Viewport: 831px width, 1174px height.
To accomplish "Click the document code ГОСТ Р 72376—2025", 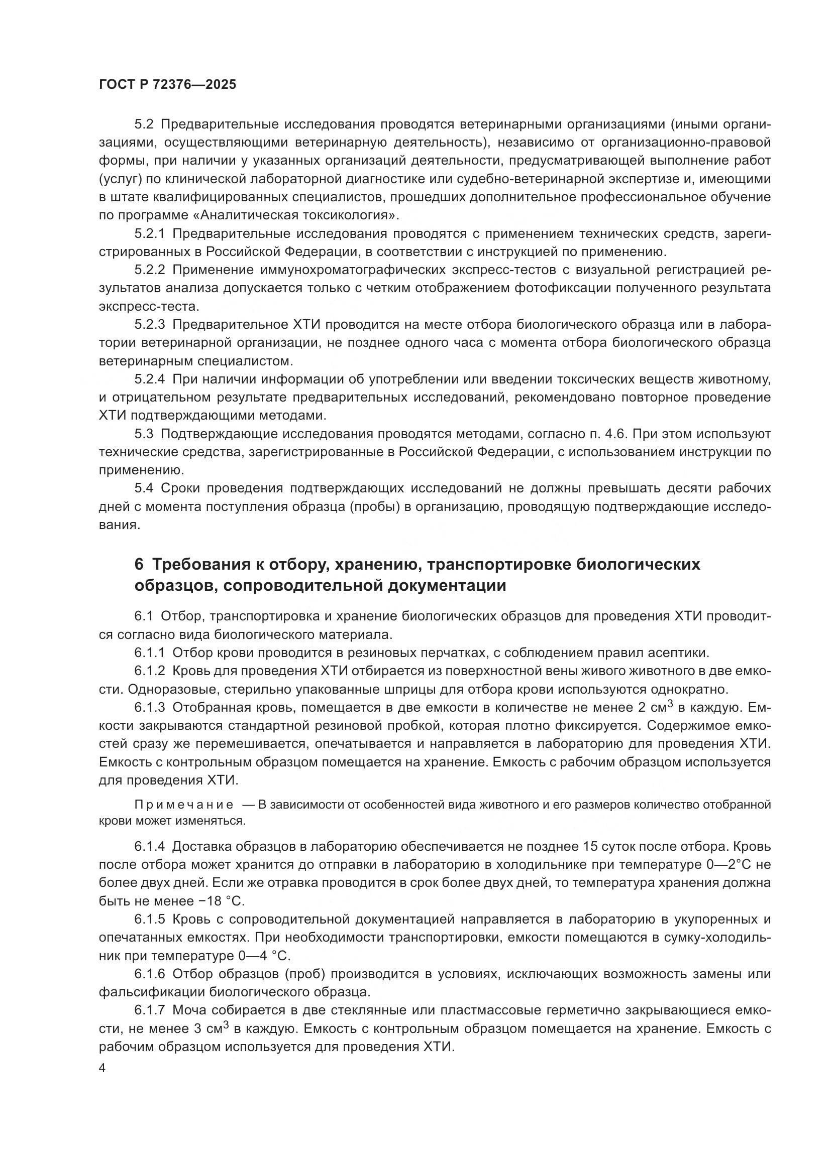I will pos(167,85).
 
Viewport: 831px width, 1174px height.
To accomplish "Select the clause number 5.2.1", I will pos(150,234).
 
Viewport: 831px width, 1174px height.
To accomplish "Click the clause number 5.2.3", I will pos(150,325).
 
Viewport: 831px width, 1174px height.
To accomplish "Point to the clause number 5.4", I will pos(144,488).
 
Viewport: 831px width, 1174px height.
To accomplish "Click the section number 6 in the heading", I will pos(139,565).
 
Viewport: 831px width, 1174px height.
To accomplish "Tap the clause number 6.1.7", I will pos(150,1010).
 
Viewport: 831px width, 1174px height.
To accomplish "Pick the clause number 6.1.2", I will pos(150,671).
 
